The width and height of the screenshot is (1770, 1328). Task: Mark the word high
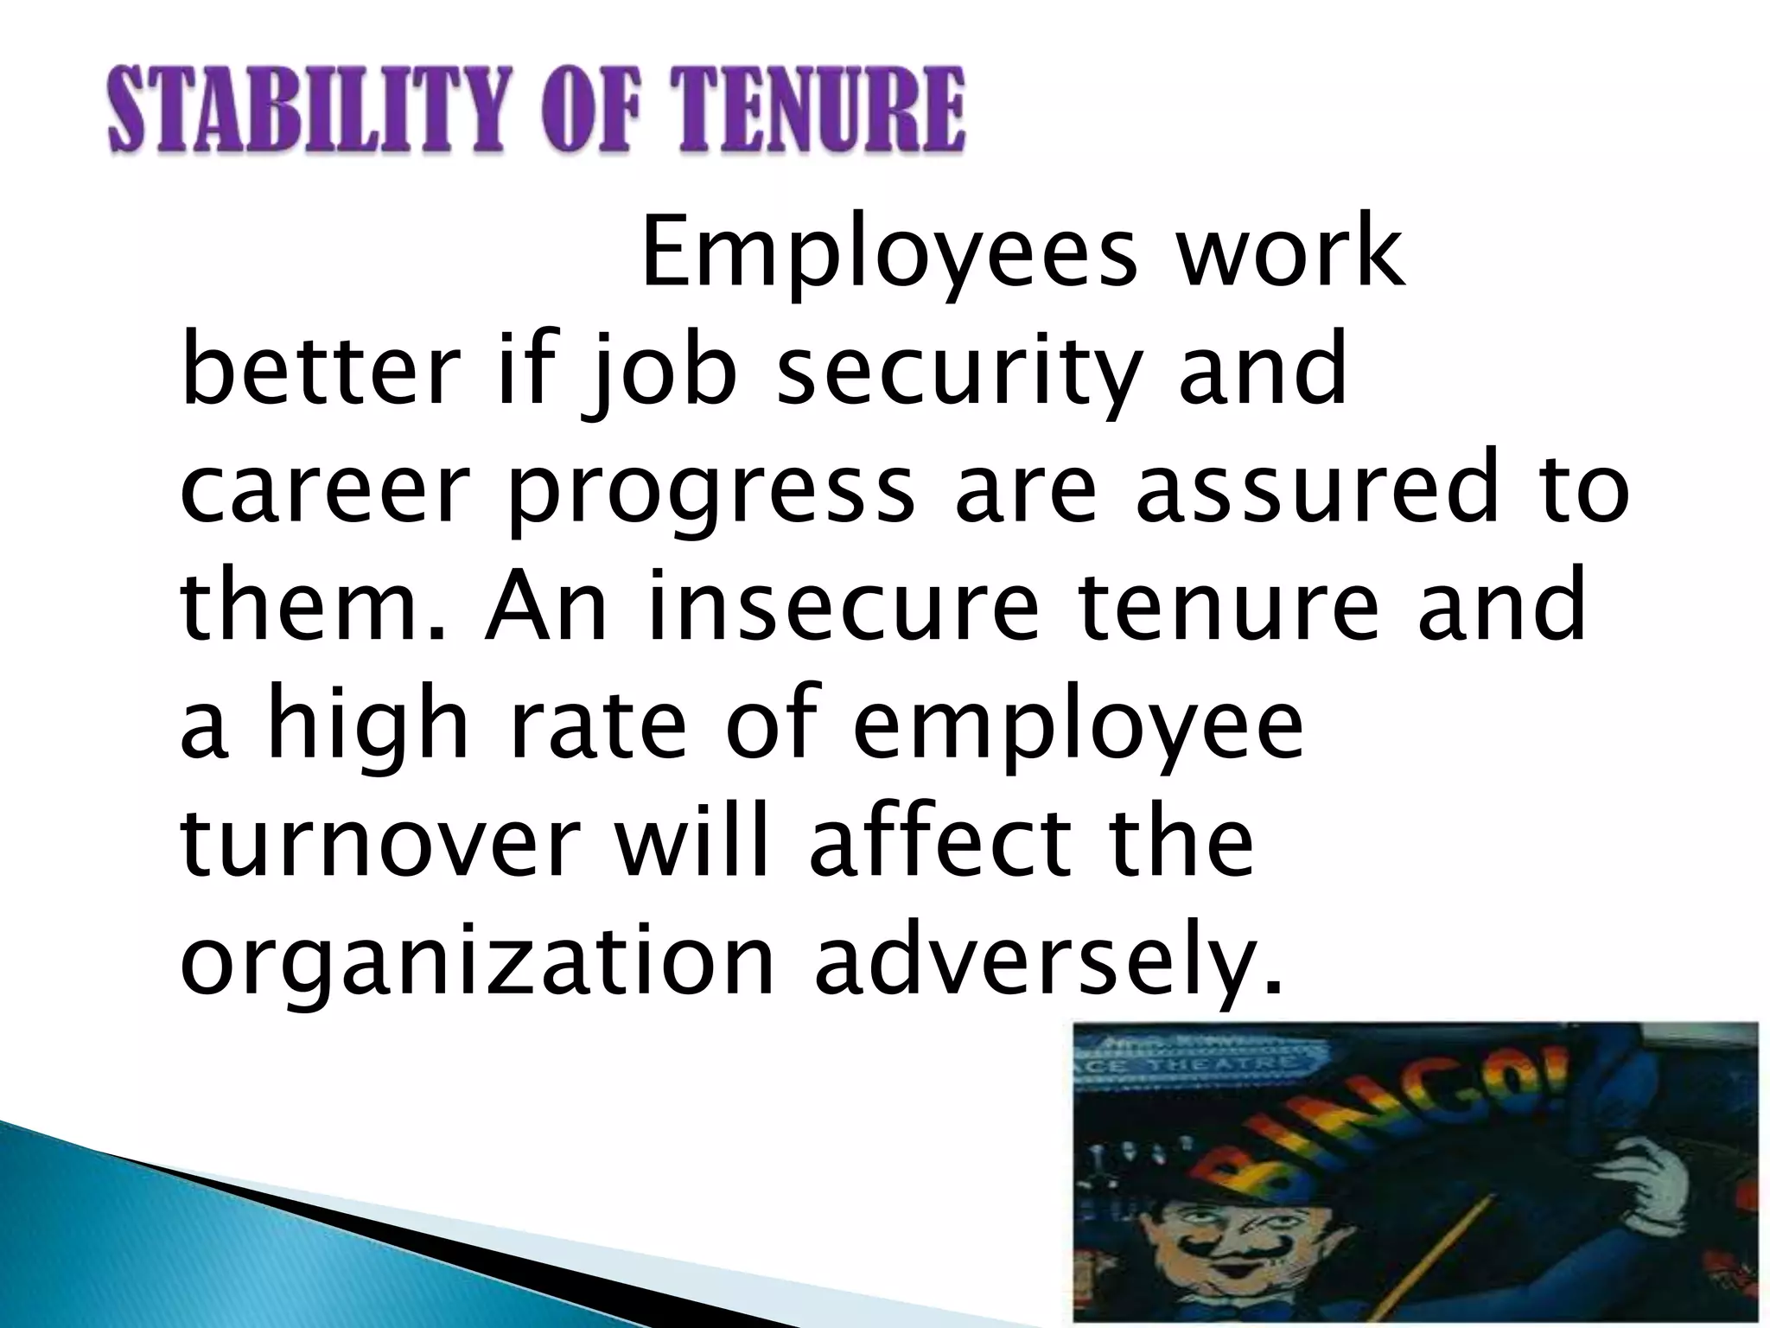click(x=367, y=726)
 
